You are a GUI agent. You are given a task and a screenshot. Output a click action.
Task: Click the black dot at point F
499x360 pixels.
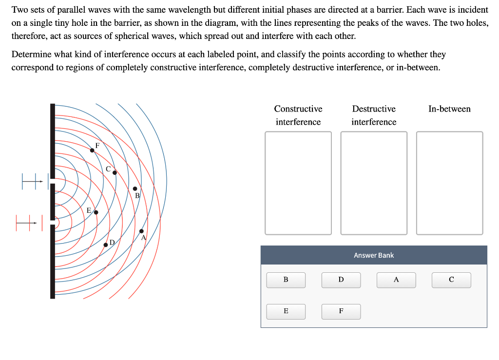click(92, 151)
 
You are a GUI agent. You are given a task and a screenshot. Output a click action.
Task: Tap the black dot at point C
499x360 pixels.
click(115, 172)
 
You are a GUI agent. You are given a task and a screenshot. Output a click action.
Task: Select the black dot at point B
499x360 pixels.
click(135, 189)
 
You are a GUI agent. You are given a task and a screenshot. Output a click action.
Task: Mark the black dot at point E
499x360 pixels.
click(96, 212)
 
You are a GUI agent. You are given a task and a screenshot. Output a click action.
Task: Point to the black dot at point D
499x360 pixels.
click(106, 245)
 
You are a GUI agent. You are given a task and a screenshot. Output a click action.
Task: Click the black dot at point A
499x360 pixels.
click(141, 231)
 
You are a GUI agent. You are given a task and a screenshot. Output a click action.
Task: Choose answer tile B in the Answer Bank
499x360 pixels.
click(286, 280)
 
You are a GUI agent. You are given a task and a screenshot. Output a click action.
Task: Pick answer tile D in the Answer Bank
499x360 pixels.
click(341, 280)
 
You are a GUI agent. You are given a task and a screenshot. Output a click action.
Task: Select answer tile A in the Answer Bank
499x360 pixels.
click(396, 280)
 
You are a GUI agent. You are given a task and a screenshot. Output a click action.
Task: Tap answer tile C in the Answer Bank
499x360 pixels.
click(451, 280)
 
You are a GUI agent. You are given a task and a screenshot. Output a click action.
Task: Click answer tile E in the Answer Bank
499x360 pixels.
click(286, 311)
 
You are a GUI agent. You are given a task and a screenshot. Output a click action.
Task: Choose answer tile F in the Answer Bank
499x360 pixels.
click(341, 311)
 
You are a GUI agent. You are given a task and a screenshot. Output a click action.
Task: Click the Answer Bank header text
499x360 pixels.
click(374, 255)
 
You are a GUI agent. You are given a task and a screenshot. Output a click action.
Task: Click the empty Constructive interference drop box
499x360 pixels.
click(298, 183)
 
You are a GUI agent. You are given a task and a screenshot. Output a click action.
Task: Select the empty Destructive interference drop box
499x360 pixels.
click(374, 183)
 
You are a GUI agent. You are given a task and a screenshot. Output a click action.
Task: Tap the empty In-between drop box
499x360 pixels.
click(450, 183)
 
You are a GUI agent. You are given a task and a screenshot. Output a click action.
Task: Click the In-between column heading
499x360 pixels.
click(449, 109)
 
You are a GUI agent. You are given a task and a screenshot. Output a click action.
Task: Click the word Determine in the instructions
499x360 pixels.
click(31, 55)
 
